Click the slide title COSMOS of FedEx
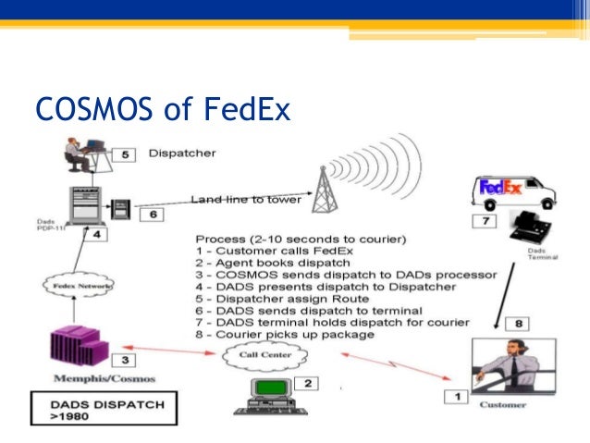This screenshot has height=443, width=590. [x=162, y=113]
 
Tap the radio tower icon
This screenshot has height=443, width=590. [x=323, y=185]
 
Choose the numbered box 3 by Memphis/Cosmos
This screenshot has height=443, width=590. [x=129, y=361]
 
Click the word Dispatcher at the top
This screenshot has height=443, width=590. [x=182, y=153]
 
